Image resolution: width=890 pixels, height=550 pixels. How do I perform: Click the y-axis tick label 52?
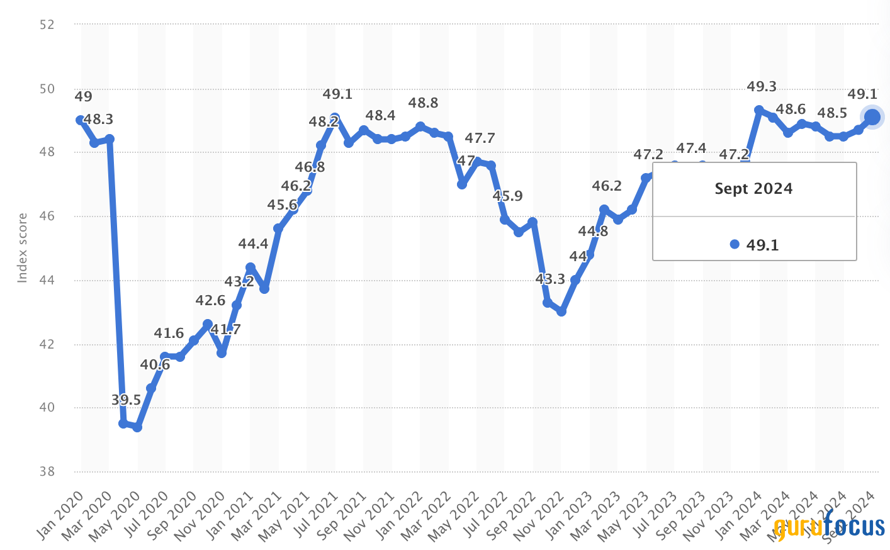click(47, 25)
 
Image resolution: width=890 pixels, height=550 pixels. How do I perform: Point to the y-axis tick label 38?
click(47, 471)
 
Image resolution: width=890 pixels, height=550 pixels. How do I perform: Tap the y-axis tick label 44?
click(47, 280)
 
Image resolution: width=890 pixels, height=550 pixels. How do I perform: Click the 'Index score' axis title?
click(23, 248)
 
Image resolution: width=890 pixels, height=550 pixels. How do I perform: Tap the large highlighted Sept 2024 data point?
click(872, 117)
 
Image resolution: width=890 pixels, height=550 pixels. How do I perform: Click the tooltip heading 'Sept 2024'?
click(753, 189)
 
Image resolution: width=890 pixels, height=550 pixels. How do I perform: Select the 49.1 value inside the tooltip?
click(762, 245)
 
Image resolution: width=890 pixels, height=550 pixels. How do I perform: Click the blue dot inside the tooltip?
click(735, 245)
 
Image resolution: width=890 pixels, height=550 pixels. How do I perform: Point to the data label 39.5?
click(126, 400)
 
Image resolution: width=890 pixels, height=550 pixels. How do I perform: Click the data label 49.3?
click(761, 86)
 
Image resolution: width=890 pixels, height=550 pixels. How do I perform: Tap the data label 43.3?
click(550, 279)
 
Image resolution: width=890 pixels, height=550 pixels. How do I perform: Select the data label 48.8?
click(423, 103)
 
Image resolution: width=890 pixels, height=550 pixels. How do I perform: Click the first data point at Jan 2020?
click(81, 120)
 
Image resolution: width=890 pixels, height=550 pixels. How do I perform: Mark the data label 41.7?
click(225, 329)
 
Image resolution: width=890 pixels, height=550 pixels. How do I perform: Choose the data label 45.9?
click(507, 196)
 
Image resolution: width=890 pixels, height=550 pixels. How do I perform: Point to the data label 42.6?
click(210, 300)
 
